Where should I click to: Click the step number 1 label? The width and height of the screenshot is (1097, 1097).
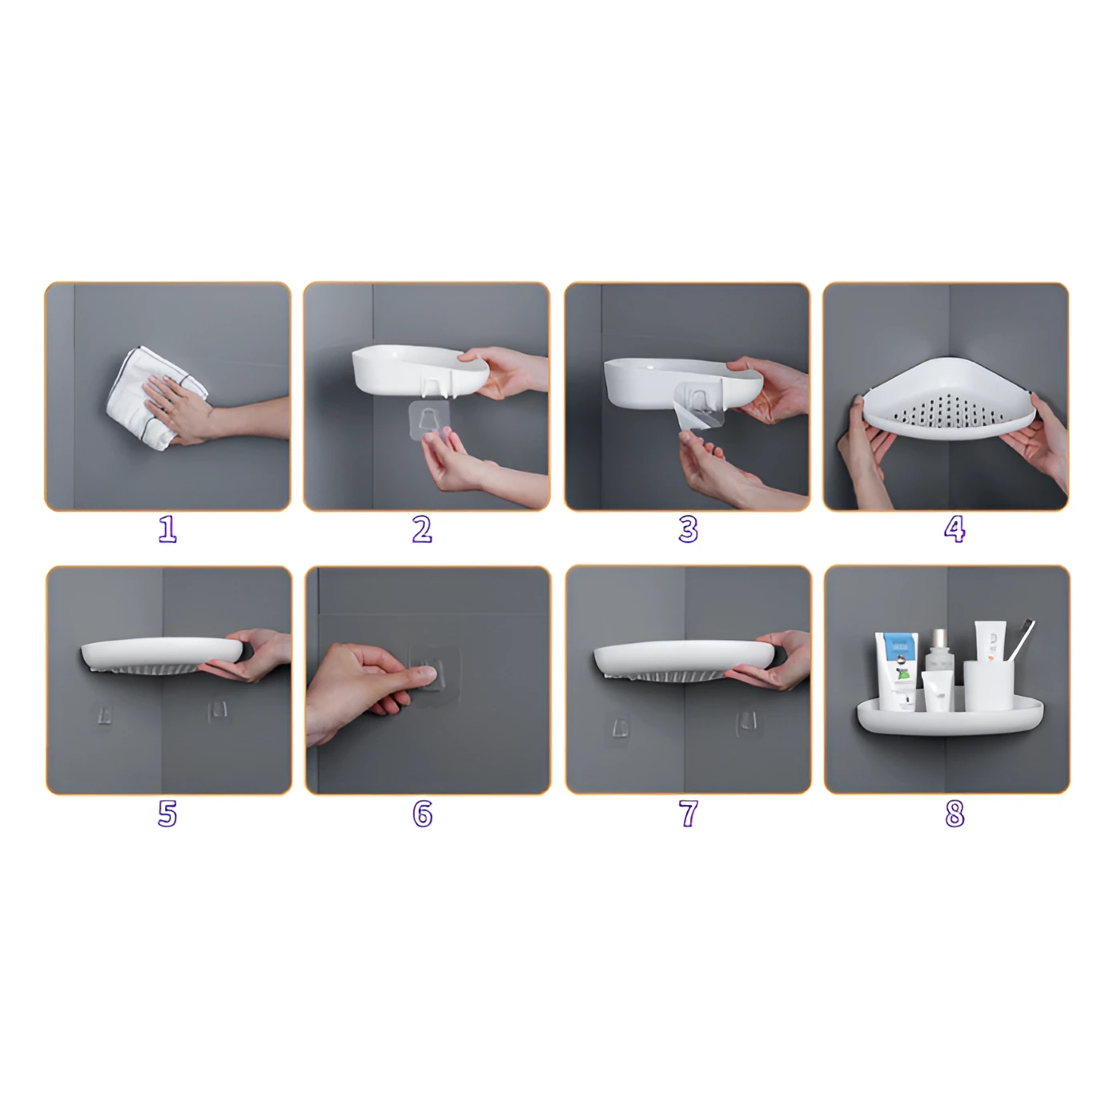167,529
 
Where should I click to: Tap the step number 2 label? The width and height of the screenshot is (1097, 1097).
422,529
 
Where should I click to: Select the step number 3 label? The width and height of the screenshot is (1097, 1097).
688,529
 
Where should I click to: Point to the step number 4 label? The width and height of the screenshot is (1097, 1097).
954,529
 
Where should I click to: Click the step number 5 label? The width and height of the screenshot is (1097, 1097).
167,814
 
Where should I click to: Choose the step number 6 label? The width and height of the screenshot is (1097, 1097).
422,814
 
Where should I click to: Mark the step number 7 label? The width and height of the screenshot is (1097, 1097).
688,814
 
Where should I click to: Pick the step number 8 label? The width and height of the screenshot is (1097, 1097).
954,814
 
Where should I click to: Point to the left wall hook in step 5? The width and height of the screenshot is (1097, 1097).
103,714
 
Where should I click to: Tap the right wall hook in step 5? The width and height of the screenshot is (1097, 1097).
218,710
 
